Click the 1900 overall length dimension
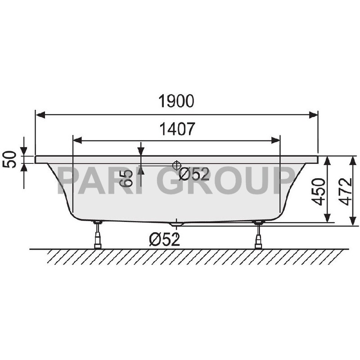pos(176,101)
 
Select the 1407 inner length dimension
pos(176,129)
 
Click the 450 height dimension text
pos(319,191)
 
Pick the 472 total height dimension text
pos(344,191)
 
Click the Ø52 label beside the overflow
pos(194,174)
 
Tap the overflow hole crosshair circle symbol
pos(176,165)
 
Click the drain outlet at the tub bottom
pos(176,223)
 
